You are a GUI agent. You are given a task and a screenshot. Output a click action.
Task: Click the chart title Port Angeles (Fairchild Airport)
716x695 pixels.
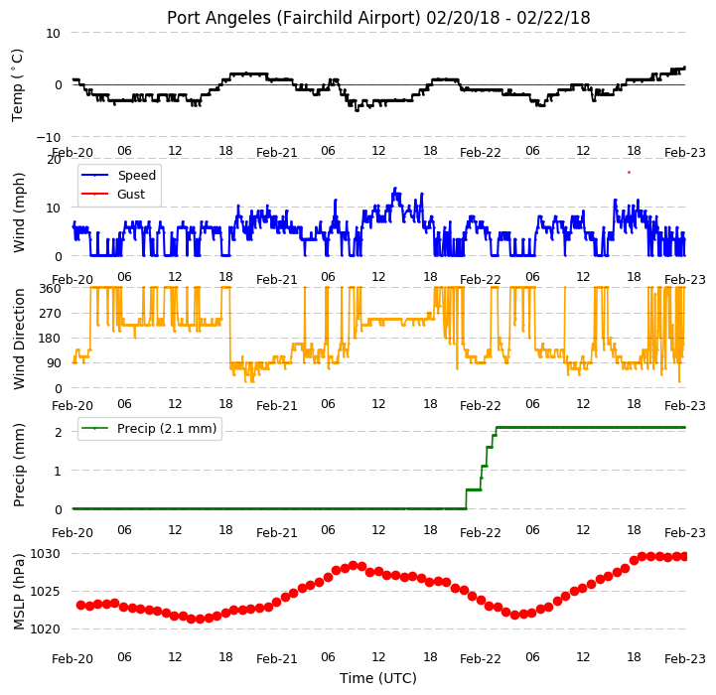tap(293, 18)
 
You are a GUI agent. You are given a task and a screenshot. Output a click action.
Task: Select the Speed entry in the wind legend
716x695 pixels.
tap(136, 176)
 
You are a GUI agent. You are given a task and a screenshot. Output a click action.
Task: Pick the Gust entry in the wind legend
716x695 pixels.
tap(131, 195)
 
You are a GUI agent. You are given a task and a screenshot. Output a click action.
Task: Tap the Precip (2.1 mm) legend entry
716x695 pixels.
tap(167, 429)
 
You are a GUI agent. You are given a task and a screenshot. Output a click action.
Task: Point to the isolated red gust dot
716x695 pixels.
tap(629, 172)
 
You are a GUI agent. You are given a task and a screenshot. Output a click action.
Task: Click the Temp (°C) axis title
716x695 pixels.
tap(17, 85)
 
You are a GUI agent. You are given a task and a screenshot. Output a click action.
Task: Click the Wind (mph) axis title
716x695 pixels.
tap(18, 212)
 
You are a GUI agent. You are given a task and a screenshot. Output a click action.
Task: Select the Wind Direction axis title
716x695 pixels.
tap(18, 339)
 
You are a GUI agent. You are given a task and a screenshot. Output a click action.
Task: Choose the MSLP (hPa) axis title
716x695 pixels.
tap(18, 592)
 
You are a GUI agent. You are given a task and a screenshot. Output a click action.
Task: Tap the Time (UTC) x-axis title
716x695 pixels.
tap(378, 678)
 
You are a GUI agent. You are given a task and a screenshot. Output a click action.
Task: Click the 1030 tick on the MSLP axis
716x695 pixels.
tap(45, 554)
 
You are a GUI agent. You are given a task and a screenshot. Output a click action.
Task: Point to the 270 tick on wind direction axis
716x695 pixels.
tap(51, 314)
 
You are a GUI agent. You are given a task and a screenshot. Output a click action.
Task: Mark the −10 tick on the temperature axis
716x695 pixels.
tap(49, 137)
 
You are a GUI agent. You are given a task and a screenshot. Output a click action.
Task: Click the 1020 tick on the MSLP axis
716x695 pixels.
tap(45, 629)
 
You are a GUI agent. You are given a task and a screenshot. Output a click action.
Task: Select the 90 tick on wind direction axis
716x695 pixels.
tap(55, 363)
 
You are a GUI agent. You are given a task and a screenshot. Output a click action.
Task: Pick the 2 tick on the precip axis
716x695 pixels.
tap(58, 433)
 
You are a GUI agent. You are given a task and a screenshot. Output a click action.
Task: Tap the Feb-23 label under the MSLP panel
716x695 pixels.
tap(685, 659)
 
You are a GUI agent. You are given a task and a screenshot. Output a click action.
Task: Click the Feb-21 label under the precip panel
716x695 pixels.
tap(277, 533)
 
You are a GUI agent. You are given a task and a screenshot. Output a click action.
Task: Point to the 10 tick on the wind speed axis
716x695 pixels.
tap(54, 208)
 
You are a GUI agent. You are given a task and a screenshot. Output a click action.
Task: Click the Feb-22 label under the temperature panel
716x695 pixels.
tap(481, 153)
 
